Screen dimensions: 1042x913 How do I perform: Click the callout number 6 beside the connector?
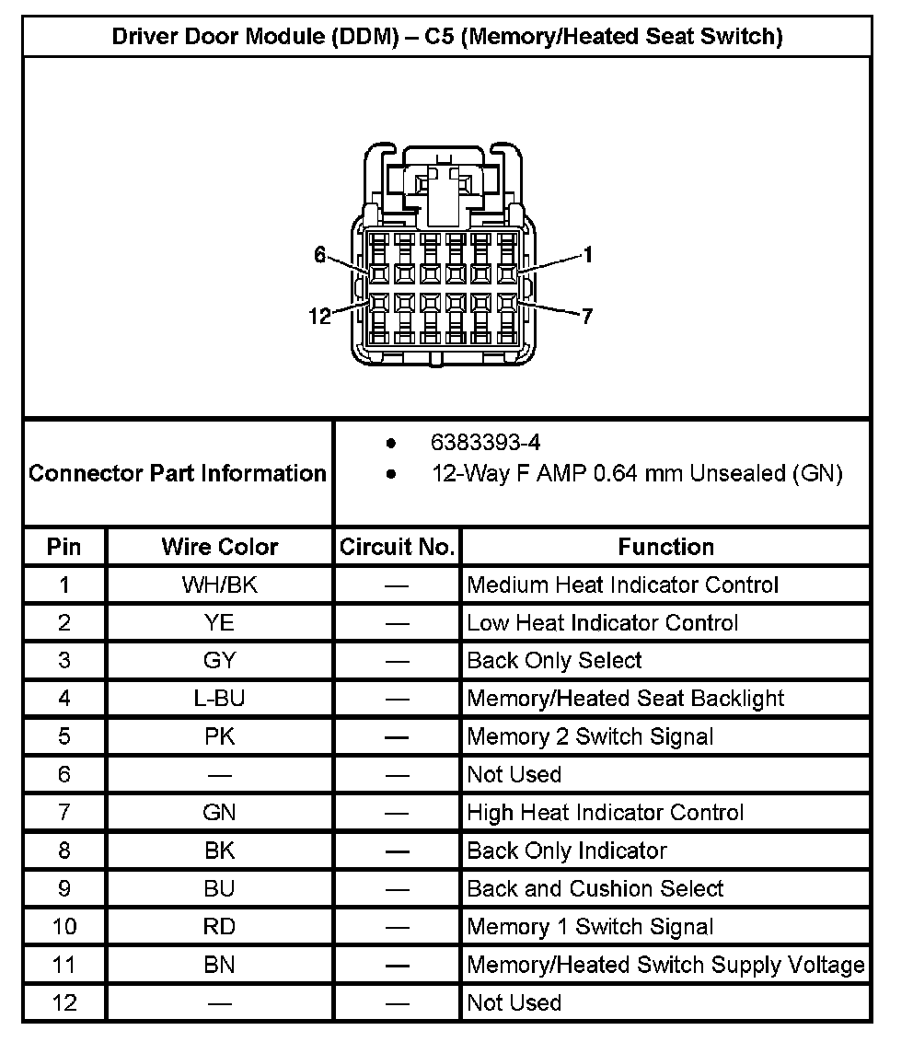tap(319, 255)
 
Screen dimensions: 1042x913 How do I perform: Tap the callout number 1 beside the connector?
tap(587, 256)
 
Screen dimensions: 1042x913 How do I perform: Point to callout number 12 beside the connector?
tap(319, 317)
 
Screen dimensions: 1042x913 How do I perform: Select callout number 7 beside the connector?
tap(587, 317)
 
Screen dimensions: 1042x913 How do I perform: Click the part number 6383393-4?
tap(485, 443)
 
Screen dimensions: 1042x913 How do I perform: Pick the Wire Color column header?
tap(219, 547)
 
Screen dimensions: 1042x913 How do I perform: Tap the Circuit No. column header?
tap(397, 547)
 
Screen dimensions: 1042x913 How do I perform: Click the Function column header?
tap(665, 547)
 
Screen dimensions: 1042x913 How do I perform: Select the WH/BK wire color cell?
tap(219, 585)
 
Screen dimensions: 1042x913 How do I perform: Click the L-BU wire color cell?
tap(219, 699)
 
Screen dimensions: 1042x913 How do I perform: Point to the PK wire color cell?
tap(219, 736)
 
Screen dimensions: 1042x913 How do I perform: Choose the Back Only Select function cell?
tap(554, 661)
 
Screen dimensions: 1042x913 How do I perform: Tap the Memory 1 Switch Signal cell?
tap(590, 927)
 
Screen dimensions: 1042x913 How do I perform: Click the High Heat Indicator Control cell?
tap(605, 813)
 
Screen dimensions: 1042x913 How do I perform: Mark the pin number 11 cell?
tap(64, 965)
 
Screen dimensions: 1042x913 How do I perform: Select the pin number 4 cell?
tap(64, 699)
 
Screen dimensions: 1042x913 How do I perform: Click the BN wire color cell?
tap(219, 965)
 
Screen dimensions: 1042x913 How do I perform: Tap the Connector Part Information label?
tap(178, 473)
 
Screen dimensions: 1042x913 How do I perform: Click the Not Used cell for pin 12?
tap(514, 1002)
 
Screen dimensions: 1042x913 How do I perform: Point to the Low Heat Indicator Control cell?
tap(602, 623)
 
